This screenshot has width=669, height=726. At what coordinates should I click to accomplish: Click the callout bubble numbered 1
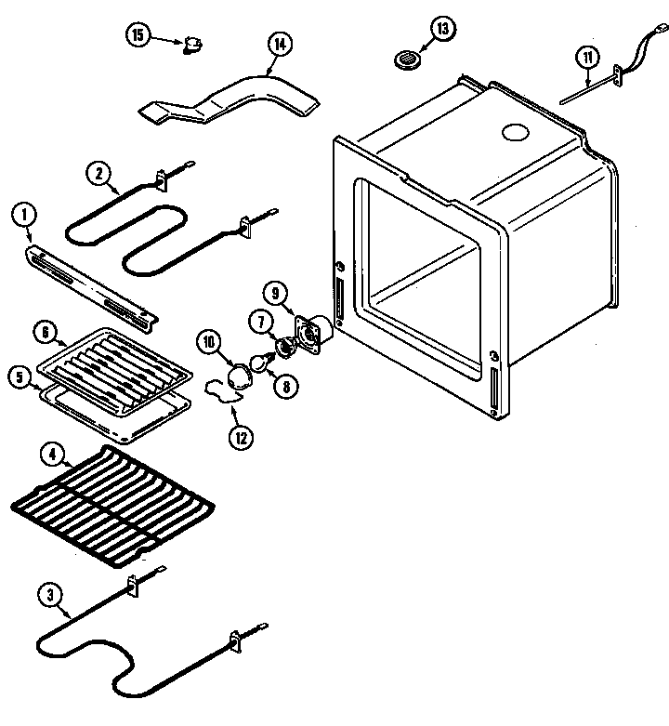click(23, 216)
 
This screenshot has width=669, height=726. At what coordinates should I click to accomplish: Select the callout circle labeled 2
click(98, 171)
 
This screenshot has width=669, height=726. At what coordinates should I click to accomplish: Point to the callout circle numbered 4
click(52, 455)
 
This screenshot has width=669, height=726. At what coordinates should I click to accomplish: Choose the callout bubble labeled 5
click(19, 376)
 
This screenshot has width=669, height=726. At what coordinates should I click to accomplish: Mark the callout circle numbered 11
click(586, 58)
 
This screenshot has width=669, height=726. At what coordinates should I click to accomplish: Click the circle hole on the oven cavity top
click(513, 134)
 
